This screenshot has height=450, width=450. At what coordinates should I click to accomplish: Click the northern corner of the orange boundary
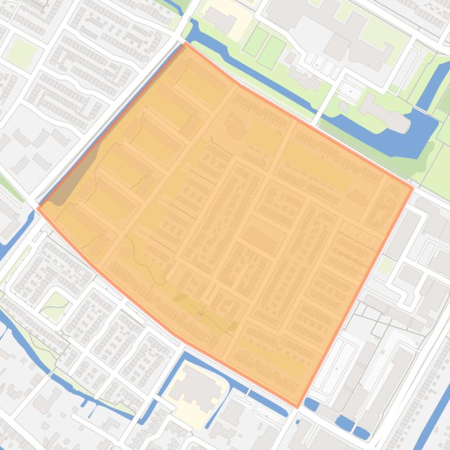pyautogui.click(x=186, y=43)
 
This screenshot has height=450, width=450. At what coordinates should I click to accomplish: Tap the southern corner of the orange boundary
pyautogui.click(x=297, y=406)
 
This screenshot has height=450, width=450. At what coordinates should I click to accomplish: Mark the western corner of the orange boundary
pyautogui.click(x=38, y=208)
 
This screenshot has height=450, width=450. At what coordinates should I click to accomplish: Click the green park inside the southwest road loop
pyautogui.click(x=57, y=305)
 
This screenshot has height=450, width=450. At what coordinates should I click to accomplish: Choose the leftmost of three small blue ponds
pyautogui.click(x=311, y=403)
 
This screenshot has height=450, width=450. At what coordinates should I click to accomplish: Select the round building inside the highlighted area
pyautogui.click(x=236, y=130)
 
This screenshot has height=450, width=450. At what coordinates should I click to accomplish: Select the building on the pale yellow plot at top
pyautogui.click(x=220, y=22)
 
